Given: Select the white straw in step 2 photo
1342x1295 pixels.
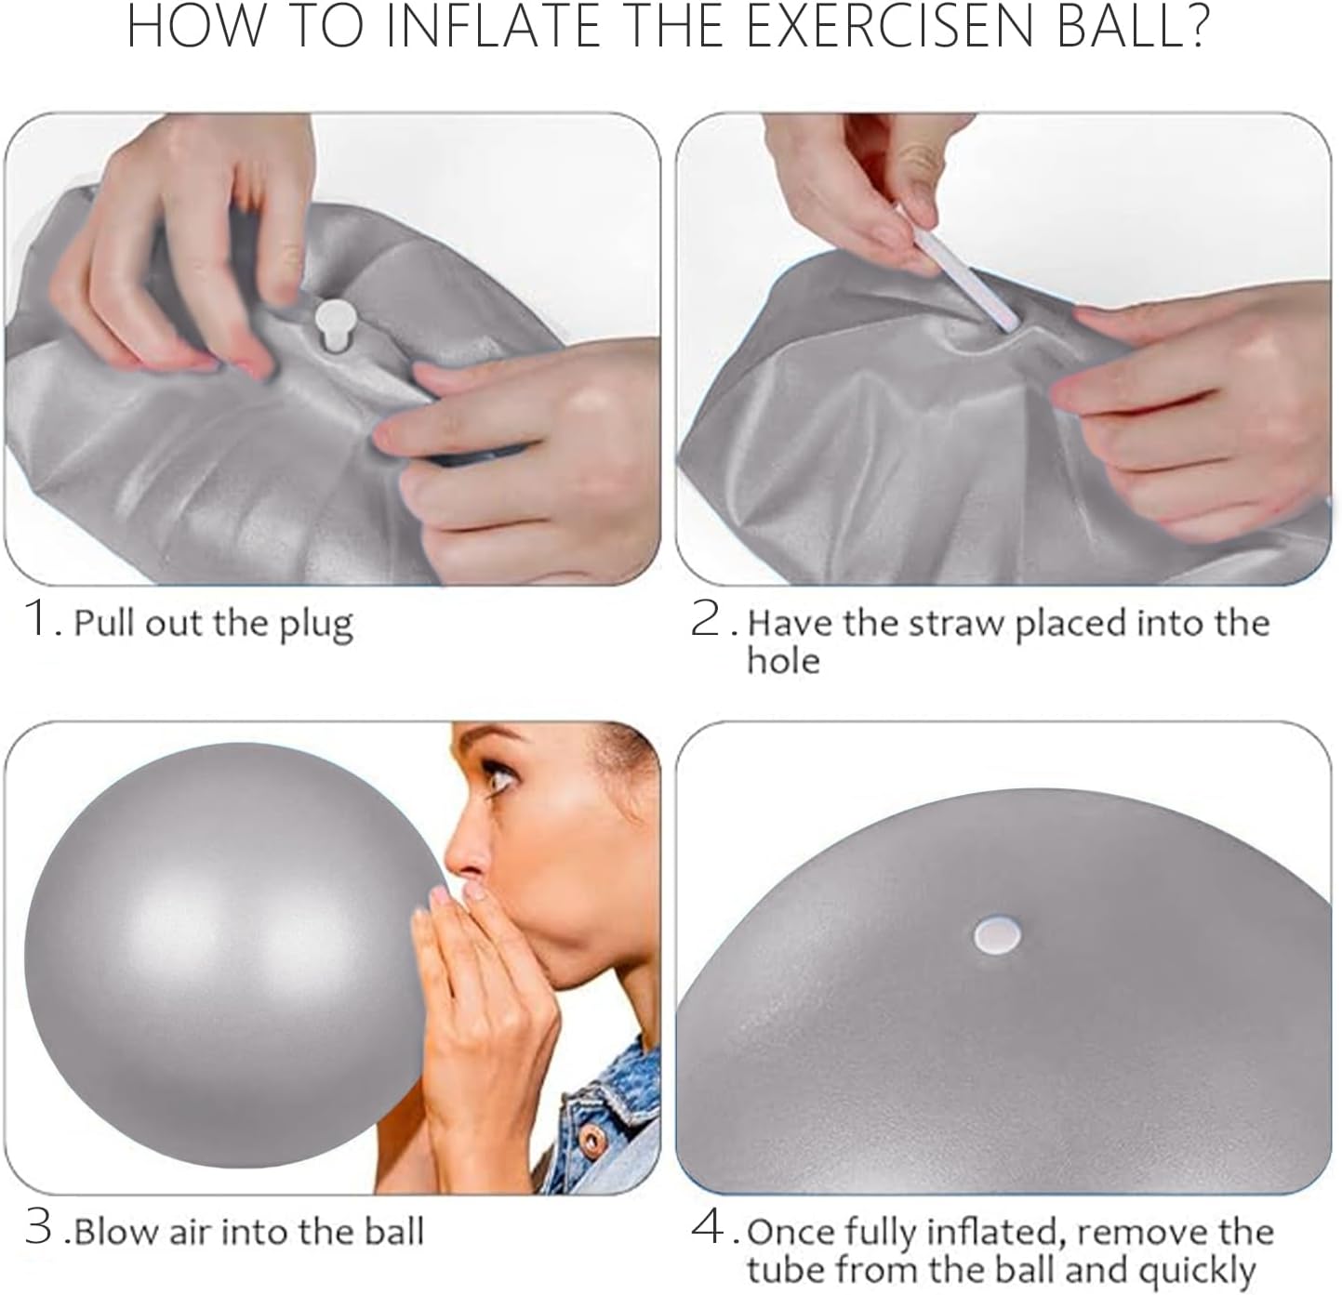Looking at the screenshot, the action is (x=967, y=278).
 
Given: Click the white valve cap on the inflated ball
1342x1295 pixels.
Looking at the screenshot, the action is (x=998, y=935).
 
